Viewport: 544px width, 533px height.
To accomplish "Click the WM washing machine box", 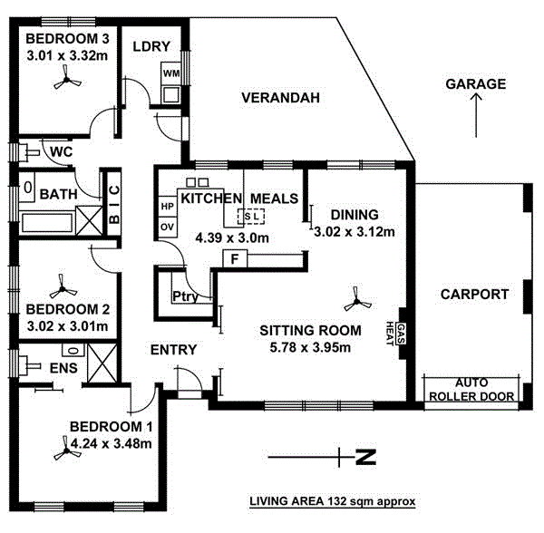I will [x=171, y=72].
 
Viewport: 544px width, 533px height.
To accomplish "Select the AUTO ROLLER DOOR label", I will [x=471, y=390].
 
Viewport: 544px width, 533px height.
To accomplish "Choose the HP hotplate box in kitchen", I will [x=167, y=206].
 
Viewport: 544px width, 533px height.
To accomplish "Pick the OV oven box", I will [x=167, y=227].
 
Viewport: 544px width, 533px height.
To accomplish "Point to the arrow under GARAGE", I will [x=476, y=118].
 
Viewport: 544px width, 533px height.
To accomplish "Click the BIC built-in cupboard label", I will [x=113, y=205].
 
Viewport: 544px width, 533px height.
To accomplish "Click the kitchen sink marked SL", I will [x=251, y=216].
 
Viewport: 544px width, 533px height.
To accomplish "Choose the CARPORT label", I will [x=471, y=294].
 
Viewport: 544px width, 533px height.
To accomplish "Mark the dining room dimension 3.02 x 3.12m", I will [x=354, y=231].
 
